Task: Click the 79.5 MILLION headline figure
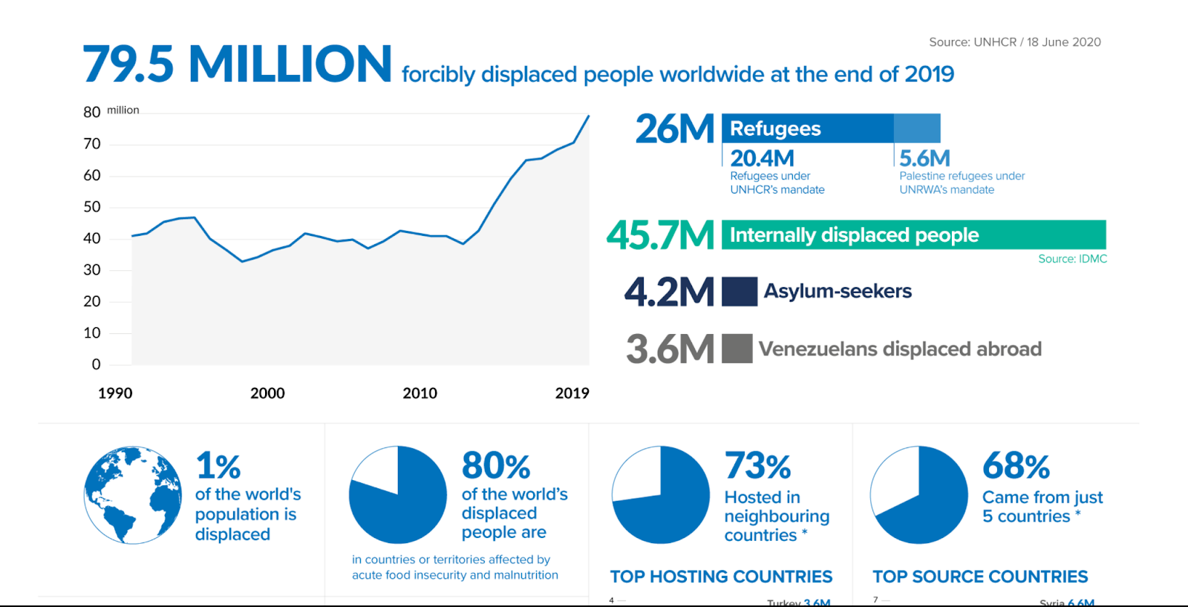tap(237, 65)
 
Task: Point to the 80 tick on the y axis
tap(92, 112)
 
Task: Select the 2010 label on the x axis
tap(420, 393)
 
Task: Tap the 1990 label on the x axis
tap(115, 393)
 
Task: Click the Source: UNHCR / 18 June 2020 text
tap(1014, 42)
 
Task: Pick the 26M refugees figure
tap(674, 129)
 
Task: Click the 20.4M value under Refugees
tap(762, 158)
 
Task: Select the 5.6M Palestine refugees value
tap(924, 158)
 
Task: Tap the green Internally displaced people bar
tap(913, 234)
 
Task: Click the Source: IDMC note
tap(1072, 259)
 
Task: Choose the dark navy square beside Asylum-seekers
tap(740, 292)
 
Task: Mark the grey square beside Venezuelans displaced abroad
tap(737, 349)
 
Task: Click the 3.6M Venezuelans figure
tap(670, 350)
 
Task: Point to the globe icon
tap(133, 495)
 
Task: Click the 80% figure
tap(496, 466)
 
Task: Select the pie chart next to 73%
tap(661, 495)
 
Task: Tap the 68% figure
tap(1016, 466)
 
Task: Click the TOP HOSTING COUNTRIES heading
tap(721, 577)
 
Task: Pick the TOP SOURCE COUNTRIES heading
tap(980, 577)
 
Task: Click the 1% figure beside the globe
tap(218, 466)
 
